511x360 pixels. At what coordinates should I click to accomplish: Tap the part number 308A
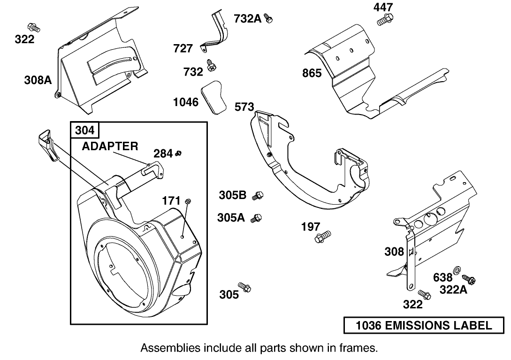click(38, 80)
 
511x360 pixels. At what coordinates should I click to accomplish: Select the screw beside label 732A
click(269, 18)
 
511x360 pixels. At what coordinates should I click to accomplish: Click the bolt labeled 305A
click(256, 218)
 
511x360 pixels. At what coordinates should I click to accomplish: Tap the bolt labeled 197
click(323, 236)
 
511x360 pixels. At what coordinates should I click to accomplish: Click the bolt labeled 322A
click(469, 280)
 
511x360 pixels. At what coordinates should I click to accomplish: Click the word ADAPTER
click(110, 146)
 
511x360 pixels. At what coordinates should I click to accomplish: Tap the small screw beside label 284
click(178, 153)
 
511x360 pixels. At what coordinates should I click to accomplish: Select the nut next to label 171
click(188, 201)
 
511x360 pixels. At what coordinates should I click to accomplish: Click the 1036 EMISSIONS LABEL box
click(424, 325)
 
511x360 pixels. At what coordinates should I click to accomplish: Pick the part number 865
click(312, 73)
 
